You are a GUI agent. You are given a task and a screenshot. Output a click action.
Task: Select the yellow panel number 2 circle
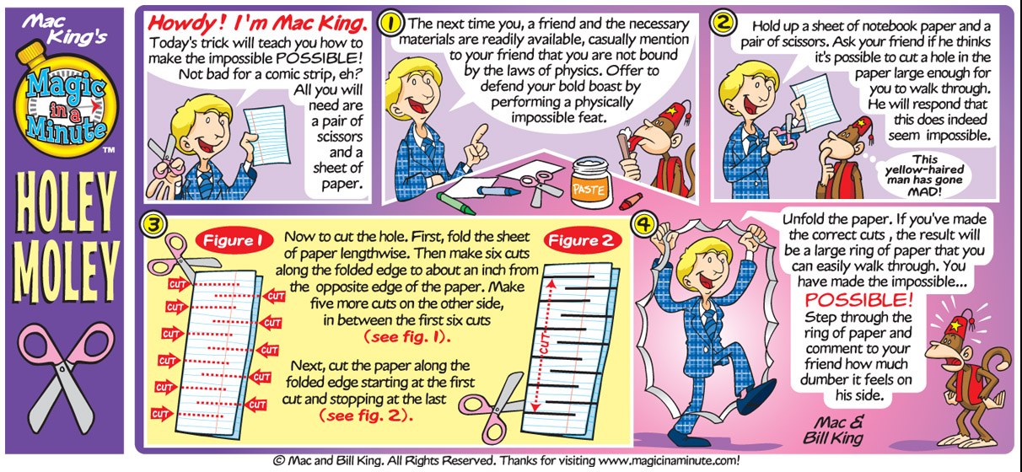pyautogui.click(x=723, y=23)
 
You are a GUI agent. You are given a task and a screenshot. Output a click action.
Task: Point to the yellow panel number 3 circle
pyautogui.click(x=154, y=224)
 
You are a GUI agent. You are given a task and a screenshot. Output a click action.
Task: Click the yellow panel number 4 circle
pyautogui.click(x=643, y=224)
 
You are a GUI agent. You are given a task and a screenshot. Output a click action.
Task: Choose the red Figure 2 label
pyautogui.click(x=582, y=240)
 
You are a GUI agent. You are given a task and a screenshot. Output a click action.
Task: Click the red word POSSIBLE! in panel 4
pyautogui.click(x=858, y=299)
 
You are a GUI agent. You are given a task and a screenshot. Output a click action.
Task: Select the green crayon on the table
pyautogui.click(x=455, y=203)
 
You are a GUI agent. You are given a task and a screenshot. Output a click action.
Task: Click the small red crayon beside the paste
pyautogui.click(x=631, y=201)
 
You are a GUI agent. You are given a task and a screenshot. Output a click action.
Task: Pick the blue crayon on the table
pyautogui.click(x=498, y=190)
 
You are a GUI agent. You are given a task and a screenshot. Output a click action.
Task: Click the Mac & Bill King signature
pyautogui.click(x=833, y=430)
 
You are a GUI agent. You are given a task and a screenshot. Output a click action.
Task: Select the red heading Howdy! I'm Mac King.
pyautogui.click(x=258, y=24)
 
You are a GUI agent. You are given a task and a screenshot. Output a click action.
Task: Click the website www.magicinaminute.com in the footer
pyautogui.click(x=667, y=460)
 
